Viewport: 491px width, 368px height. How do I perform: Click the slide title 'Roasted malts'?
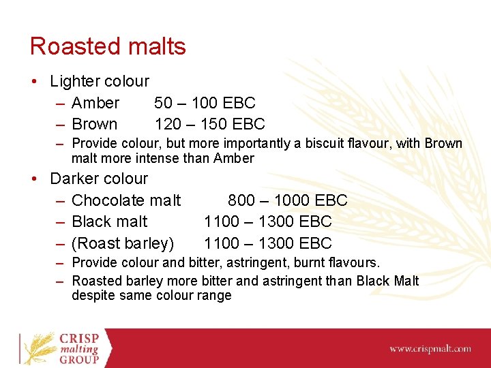click(x=108, y=46)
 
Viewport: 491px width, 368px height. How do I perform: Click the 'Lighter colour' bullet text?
click(x=100, y=81)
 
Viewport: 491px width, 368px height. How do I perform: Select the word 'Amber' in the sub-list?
click(x=95, y=103)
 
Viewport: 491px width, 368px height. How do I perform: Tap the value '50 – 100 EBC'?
click(x=205, y=103)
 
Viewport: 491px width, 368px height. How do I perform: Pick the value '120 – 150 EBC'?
click(x=209, y=124)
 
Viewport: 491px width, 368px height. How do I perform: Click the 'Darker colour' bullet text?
click(x=99, y=179)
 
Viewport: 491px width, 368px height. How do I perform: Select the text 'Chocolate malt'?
click(x=126, y=200)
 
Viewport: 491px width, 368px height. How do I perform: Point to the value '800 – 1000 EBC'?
click(x=287, y=200)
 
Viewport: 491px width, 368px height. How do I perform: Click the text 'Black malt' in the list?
click(x=109, y=221)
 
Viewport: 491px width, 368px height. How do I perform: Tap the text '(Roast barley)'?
click(x=123, y=243)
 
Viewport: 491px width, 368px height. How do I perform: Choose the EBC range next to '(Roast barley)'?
click(x=267, y=243)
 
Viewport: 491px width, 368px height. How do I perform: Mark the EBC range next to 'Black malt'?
click(x=267, y=221)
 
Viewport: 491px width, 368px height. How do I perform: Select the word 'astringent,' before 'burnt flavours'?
click(x=263, y=262)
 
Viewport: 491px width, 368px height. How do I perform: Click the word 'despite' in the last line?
click(x=94, y=296)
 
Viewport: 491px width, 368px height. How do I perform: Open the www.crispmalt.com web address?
click(x=430, y=349)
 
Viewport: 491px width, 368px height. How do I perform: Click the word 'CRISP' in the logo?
click(x=79, y=338)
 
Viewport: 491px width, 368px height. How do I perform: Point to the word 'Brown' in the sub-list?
click(x=94, y=124)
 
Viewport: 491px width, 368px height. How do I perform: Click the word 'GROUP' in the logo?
click(x=79, y=359)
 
